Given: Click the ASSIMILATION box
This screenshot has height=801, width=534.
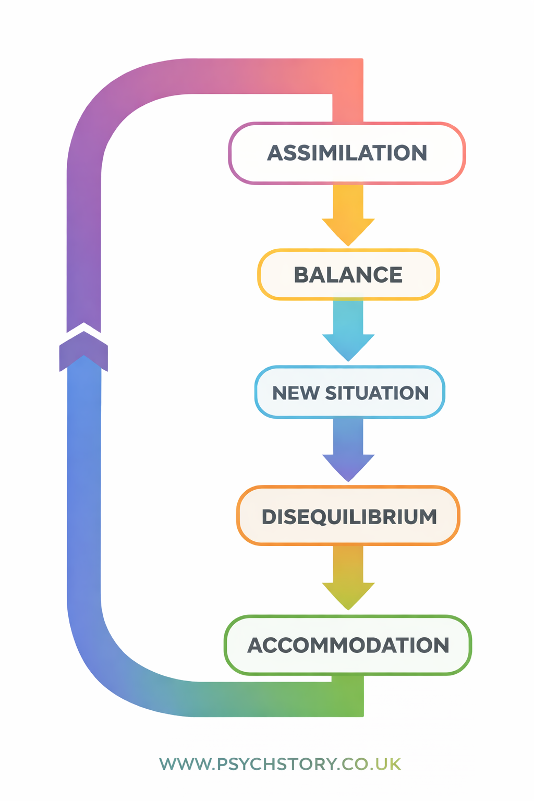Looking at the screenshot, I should (347, 153).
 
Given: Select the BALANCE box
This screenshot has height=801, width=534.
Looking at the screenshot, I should (348, 275).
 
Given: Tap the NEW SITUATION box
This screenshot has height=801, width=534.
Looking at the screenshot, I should (349, 392).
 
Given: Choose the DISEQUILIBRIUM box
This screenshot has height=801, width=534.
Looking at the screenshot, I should (348, 516).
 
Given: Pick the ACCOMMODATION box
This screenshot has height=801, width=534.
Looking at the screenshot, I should (348, 645).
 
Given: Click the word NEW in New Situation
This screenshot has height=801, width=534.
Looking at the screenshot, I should (295, 393).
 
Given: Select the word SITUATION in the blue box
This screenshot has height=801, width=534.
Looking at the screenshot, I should (377, 393).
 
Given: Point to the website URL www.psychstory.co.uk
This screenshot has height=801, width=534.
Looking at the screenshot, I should (280, 764).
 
